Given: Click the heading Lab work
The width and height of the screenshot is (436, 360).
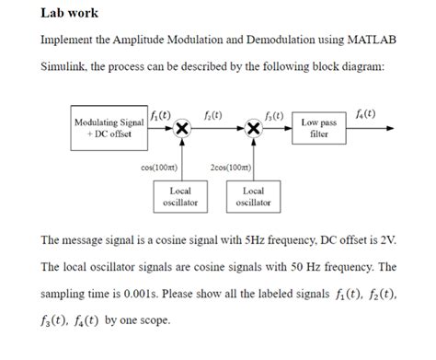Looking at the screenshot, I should point(70,14).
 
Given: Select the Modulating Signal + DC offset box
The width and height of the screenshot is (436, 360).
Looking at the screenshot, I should point(109,128).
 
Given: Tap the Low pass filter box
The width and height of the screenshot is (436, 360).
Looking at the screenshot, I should point(319,129).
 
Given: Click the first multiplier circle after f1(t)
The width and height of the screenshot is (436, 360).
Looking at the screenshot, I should point(182,128).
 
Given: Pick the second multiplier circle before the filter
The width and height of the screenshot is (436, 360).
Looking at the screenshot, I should point(255,128).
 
